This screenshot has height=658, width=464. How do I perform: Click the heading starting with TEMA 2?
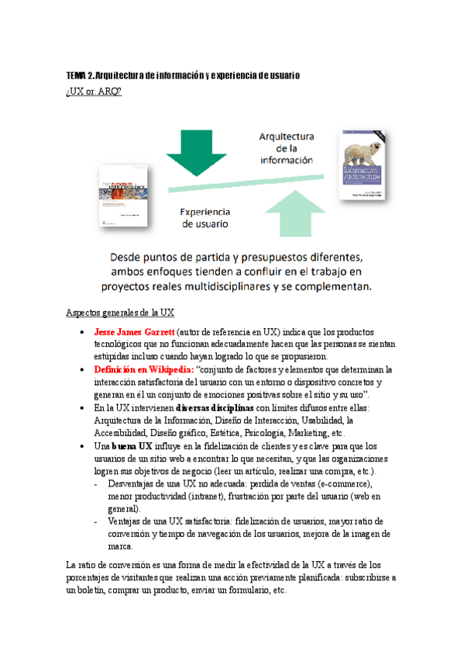click(183, 75)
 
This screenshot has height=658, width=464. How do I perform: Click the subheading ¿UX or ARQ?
click(95, 93)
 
